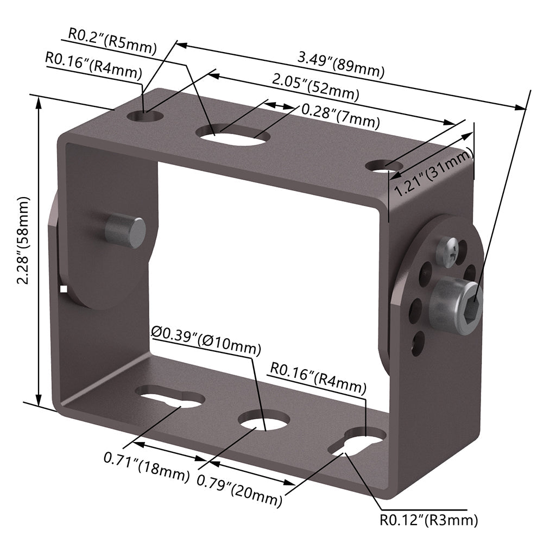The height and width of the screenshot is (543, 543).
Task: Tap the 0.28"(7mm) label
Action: tap(340, 115)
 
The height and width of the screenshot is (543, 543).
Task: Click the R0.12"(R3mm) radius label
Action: tap(429, 520)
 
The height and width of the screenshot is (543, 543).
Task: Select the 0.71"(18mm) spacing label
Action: tap(147, 467)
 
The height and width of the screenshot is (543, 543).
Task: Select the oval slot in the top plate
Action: tap(231, 134)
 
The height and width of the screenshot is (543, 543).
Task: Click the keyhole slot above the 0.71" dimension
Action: tap(169, 398)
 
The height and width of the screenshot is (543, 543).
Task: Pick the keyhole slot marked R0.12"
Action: tap(357, 440)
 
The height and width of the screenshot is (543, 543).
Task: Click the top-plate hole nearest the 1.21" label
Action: tap(384, 166)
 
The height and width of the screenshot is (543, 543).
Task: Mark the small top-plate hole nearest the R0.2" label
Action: tap(146, 116)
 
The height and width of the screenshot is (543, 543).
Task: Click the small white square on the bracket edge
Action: tap(64, 289)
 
